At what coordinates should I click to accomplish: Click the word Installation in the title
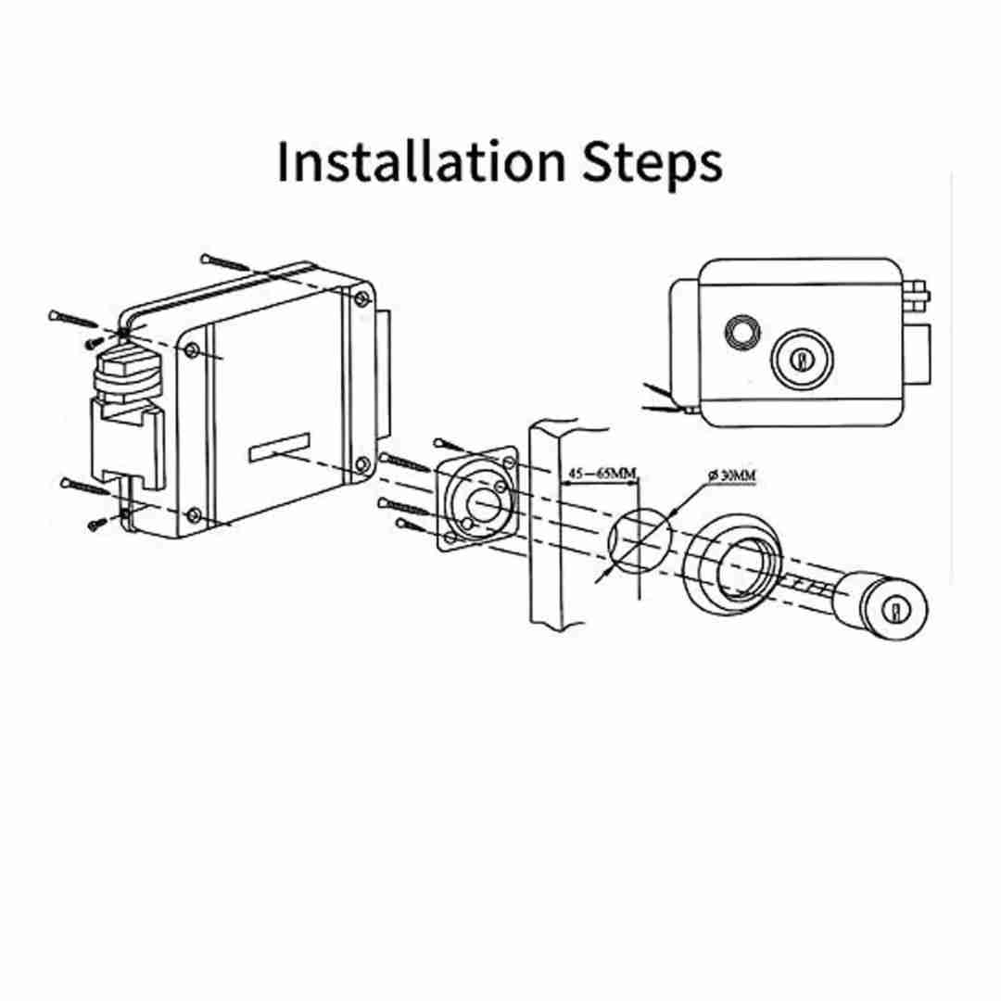click(x=422, y=160)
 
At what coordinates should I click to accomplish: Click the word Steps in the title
click(x=653, y=163)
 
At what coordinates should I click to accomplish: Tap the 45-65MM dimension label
click(x=602, y=474)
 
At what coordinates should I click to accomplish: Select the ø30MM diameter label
click(x=731, y=475)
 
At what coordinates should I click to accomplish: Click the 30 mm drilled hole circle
click(x=639, y=540)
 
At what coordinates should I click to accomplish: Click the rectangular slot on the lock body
click(x=280, y=448)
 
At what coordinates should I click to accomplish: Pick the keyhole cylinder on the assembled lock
click(x=803, y=359)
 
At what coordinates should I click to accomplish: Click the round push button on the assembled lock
click(x=742, y=332)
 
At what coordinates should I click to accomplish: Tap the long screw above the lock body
click(x=224, y=262)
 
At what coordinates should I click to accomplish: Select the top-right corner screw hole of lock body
click(x=361, y=298)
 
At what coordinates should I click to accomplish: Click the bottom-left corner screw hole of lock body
click(x=193, y=514)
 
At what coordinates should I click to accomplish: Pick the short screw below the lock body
click(x=97, y=524)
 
